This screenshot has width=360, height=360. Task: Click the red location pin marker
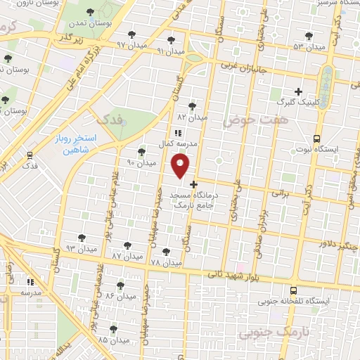(x=181, y=166)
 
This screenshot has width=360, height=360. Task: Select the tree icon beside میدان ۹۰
(x=141, y=151)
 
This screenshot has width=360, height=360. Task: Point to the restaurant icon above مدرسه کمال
(x=178, y=131)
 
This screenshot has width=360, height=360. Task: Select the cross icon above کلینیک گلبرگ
(x=298, y=91)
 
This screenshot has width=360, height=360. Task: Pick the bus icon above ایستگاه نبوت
(x=317, y=139)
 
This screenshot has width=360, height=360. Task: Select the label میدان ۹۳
(x=80, y=249)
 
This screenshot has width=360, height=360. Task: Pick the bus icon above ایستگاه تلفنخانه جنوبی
(x=292, y=290)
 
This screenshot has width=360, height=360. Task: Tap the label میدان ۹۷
(x=130, y=44)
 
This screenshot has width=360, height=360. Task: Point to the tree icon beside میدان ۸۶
(x=120, y=285)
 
